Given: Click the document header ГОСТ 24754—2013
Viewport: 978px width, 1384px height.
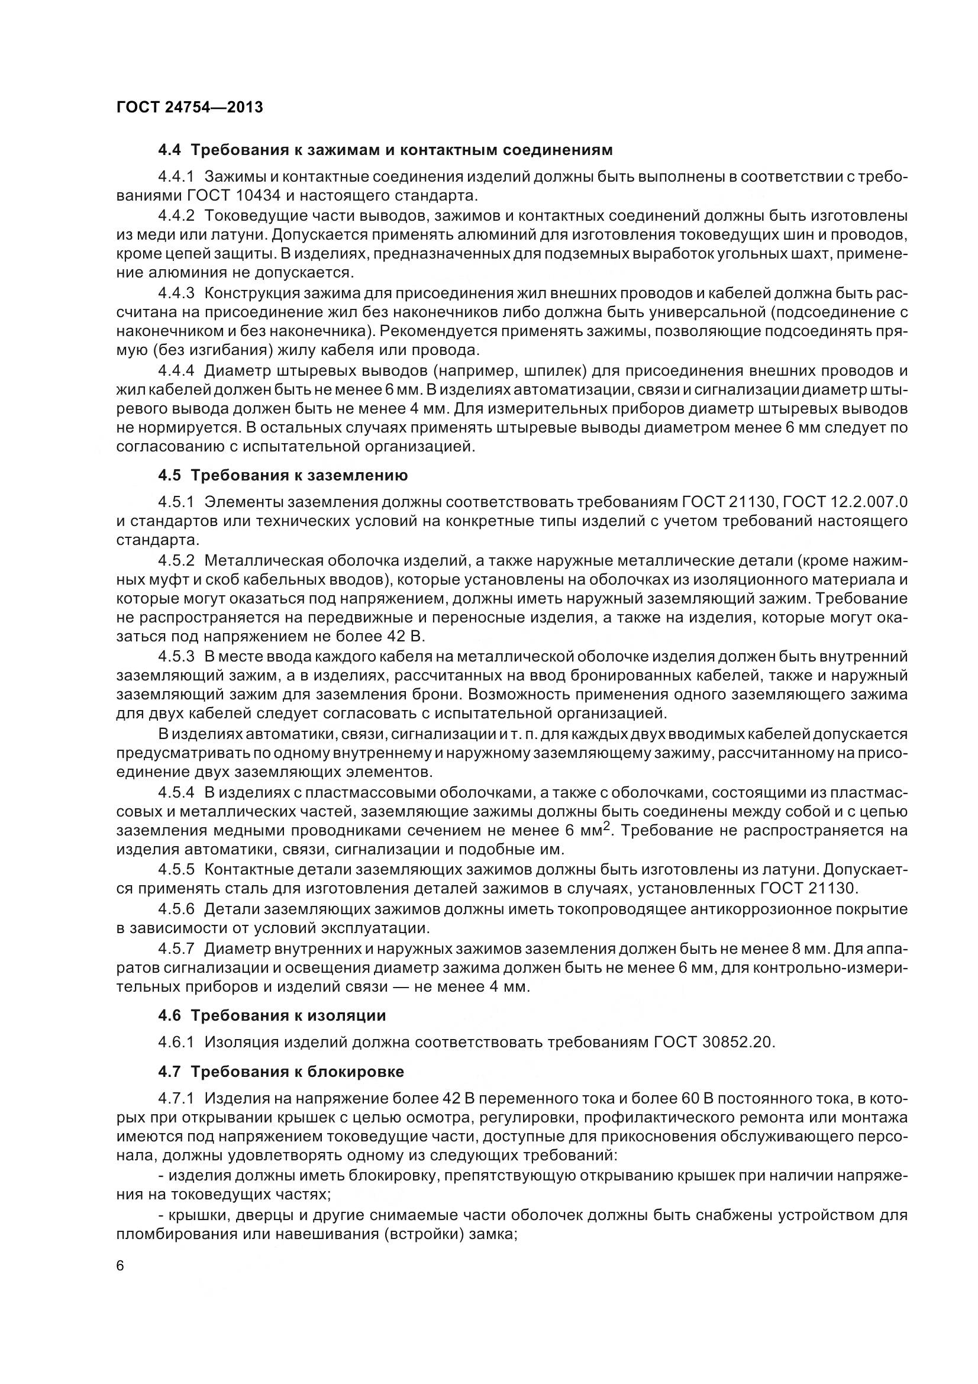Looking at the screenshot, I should click(189, 107).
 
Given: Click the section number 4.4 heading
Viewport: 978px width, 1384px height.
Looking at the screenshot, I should click(169, 150).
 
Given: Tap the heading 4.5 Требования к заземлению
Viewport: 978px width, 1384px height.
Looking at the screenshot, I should click(283, 476).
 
